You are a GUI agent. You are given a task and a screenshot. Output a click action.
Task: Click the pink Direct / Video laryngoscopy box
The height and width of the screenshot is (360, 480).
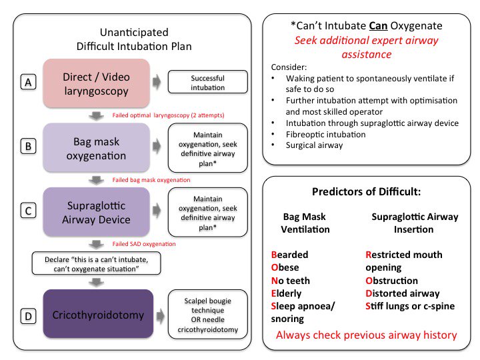(x=97, y=82)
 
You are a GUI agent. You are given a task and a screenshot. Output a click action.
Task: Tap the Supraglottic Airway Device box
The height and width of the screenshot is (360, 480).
(x=97, y=211)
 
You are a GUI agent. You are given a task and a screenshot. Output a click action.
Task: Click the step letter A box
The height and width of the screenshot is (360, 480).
(x=28, y=82)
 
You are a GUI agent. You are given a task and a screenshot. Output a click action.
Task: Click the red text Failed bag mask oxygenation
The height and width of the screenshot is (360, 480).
(x=151, y=180)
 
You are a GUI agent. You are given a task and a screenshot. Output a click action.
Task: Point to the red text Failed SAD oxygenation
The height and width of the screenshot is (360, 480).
(x=144, y=244)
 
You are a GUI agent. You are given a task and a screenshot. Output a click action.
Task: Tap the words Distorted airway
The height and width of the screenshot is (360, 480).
(x=403, y=293)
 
